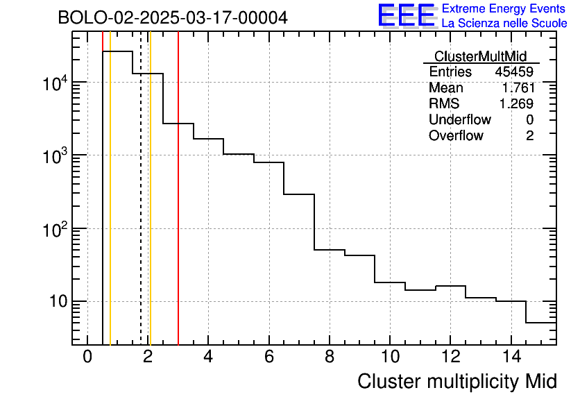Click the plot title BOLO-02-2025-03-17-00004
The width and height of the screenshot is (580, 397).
point(173,18)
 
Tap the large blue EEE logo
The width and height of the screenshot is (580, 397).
point(407,15)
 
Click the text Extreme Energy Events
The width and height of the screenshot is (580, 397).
point(504,9)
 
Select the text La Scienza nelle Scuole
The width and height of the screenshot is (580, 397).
point(504,24)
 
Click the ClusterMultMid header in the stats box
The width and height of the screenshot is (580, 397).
point(480,57)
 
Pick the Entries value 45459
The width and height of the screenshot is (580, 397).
point(514,72)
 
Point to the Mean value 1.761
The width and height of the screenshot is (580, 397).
point(518,88)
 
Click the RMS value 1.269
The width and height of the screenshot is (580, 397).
point(516,104)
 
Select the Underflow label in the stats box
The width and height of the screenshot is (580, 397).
point(459,120)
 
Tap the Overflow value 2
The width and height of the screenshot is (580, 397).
point(529,136)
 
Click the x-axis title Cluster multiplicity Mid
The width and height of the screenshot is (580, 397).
point(457,381)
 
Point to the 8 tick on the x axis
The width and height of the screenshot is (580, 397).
point(329,357)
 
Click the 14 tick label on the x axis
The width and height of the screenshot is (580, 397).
point(510,357)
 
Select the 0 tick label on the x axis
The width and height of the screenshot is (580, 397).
point(87,357)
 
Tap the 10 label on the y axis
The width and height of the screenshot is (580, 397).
point(55,302)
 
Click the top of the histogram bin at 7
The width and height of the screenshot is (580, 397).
point(299,194)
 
